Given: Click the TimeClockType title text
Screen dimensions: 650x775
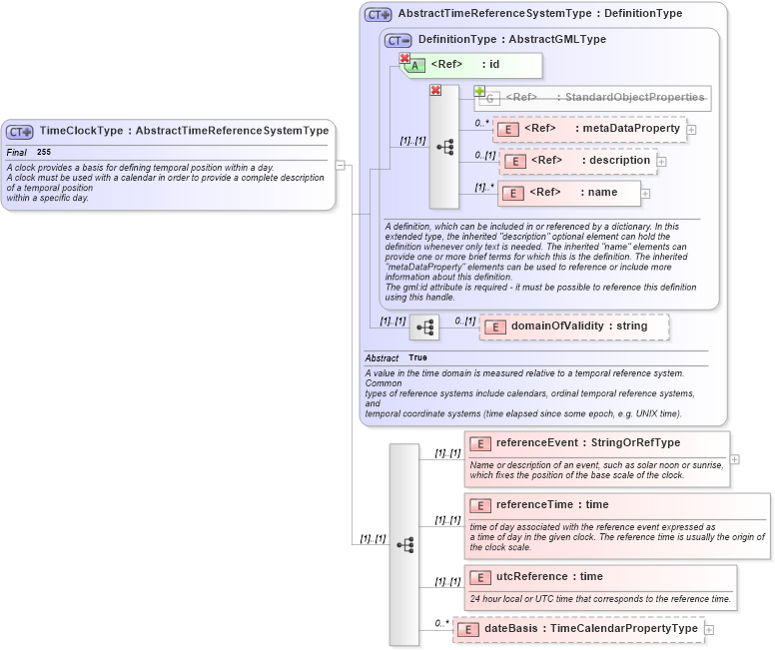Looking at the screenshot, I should coord(184,131).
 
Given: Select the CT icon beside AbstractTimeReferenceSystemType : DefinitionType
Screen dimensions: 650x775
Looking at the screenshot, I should coord(378,14).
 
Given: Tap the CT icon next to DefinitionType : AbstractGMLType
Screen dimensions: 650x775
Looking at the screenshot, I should coord(398,40).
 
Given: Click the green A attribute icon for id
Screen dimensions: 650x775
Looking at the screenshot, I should coord(417,66).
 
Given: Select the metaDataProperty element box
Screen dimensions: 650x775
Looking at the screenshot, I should coord(589,129).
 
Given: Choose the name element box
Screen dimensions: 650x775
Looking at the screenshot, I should coord(570,193).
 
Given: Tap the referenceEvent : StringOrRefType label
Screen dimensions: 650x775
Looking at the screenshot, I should coord(587,442).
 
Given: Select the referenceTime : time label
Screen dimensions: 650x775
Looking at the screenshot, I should coord(551,505).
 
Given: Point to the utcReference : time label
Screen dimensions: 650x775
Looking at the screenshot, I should coord(549,577).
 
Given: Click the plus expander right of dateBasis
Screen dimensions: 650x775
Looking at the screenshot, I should coord(709,629).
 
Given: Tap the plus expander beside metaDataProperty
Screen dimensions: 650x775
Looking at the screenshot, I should coord(691,130).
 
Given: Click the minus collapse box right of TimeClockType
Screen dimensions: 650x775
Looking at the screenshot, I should coord(341,166).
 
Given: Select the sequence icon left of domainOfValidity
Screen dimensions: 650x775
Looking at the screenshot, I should coord(425,326).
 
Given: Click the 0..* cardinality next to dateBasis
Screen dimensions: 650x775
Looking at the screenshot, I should coord(440,623).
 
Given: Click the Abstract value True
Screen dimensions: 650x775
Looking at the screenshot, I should coord(417,357).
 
